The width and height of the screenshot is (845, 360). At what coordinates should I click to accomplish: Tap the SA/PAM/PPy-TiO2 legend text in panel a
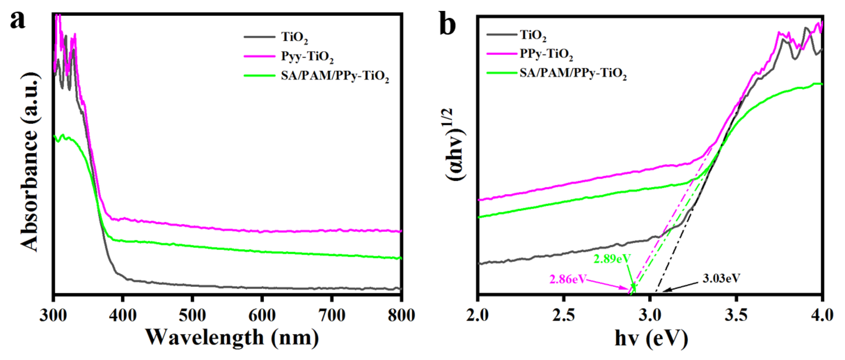[x=335, y=76]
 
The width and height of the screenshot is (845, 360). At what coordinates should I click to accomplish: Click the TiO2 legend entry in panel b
[x=533, y=35]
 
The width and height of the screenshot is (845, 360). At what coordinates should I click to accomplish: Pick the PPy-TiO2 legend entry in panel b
[x=546, y=54]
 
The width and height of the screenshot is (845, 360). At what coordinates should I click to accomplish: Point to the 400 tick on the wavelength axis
[x=122, y=315]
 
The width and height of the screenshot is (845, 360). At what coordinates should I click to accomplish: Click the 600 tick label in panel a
[x=261, y=315]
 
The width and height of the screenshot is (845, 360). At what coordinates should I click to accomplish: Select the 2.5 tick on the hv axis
[x=563, y=315]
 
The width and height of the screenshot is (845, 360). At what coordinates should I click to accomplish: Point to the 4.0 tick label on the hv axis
[x=821, y=315]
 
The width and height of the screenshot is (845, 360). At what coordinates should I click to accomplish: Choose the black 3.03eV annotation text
[x=721, y=278]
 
